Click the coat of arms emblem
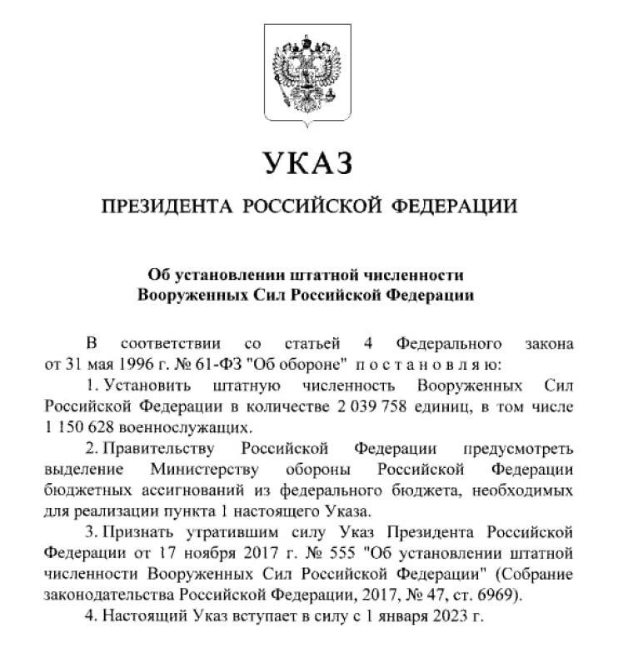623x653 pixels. (x=311, y=75)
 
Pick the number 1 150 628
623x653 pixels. (x=76, y=427)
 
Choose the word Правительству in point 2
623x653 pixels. (x=166, y=449)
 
